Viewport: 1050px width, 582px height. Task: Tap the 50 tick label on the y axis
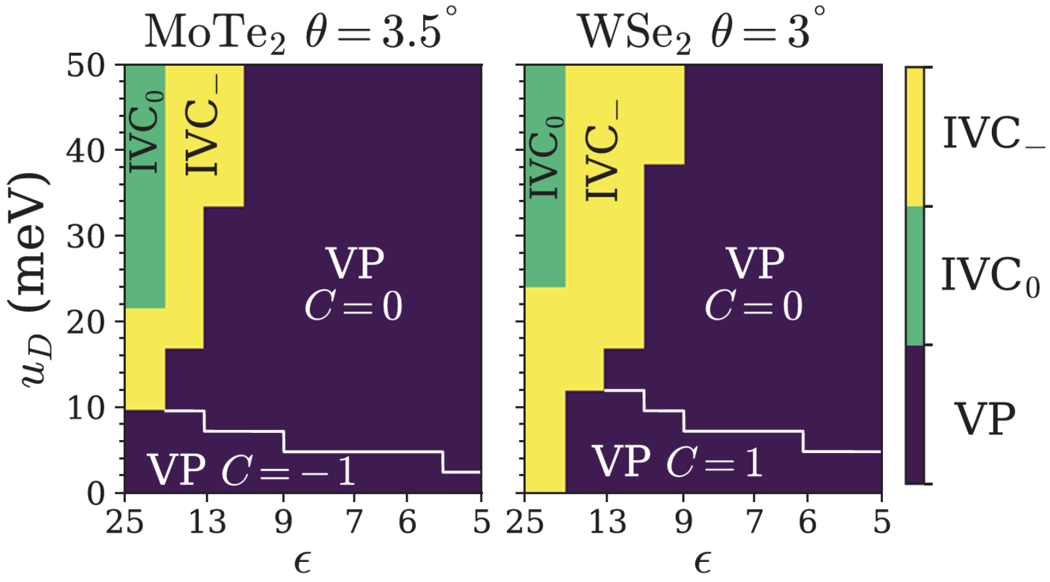pyautogui.click(x=86, y=66)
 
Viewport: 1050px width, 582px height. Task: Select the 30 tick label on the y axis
pyautogui.click(x=86, y=236)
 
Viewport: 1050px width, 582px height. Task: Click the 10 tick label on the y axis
pyautogui.click(x=86, y=408)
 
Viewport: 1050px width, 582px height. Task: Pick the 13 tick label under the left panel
pyautogui.click(x=207, y=522)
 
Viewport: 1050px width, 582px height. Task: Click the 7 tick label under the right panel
pyautogui.click(x=754, y=522)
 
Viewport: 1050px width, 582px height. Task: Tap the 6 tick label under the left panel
pyautogui.click(x=407, y=522)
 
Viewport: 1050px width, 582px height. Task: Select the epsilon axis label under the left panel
pyautogui.click(x=302, y=563)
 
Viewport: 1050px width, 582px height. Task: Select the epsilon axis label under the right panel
pyautogui.click(x=703, y=563)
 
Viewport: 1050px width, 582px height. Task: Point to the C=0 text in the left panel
pyautogui.click(x=353, y=306)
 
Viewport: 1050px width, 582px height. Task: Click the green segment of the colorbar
pyautogui.click(x=915, y=276)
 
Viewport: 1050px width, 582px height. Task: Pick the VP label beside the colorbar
pyautogui.click(x=985, y=419)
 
